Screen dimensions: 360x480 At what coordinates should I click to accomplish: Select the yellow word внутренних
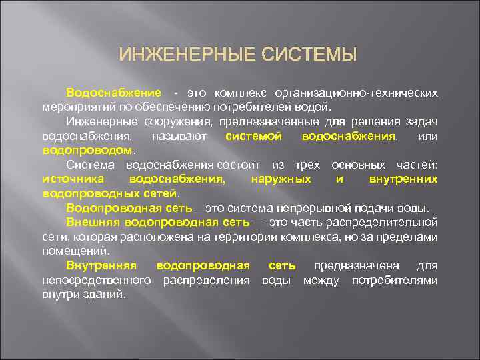point(403,179)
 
